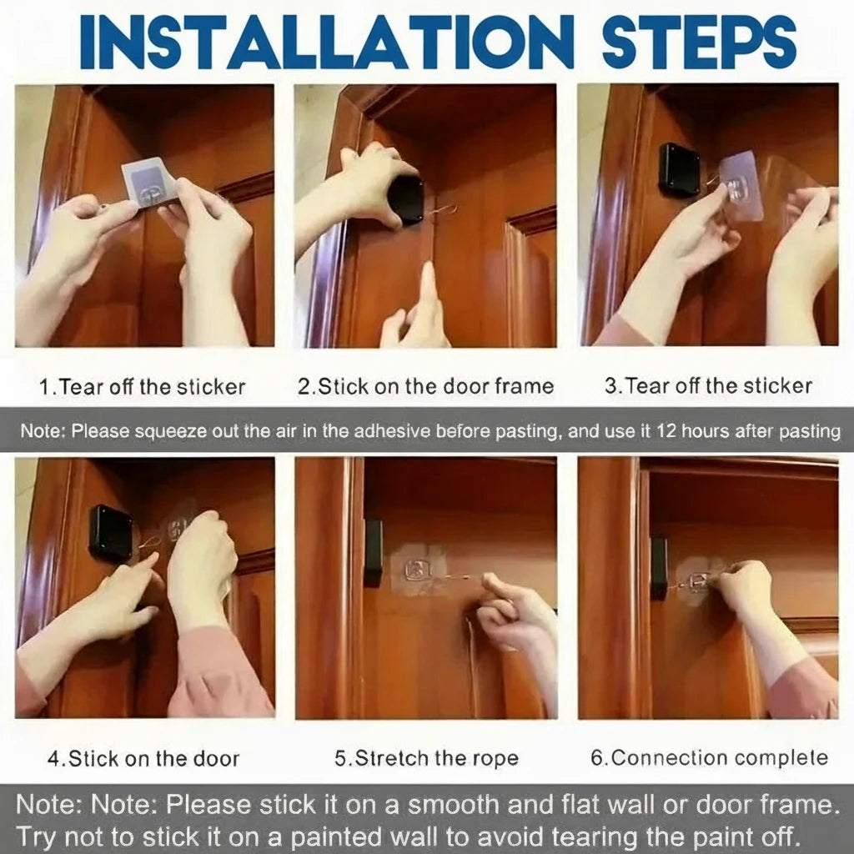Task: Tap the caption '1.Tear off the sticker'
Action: click(x=143, y=387)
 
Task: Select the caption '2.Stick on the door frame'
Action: click(x=425, y=386)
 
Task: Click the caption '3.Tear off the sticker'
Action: click(x=708, y=386)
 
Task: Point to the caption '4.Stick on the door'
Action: click(x=143, y=759)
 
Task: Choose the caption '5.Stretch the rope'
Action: click(x=426, y=759)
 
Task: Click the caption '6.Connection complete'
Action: click(x=709, y=758)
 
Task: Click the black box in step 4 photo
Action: click(x=110, y=532)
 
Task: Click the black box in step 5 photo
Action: click(x=373, y=550)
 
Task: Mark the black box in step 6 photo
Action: click(x=659, y=567)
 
